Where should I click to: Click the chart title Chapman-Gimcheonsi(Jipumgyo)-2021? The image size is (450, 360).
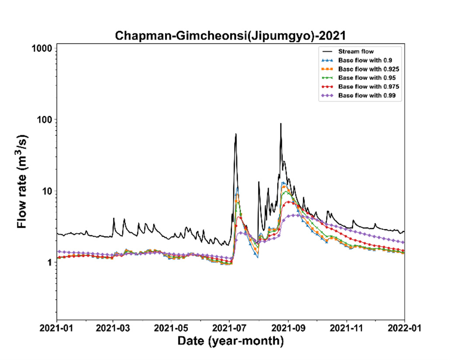coord(230,35)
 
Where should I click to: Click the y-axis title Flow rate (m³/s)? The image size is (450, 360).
coord(22,181)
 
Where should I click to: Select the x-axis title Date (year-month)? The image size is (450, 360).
coord(230,341)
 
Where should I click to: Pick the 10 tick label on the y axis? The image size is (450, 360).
coord(47,191)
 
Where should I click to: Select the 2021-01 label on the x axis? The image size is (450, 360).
coord(56,328)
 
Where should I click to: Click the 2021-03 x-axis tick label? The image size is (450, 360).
coord(113,328)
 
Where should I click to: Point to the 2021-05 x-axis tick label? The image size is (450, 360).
coord(171,328)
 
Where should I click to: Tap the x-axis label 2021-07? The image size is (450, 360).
coord(229,328)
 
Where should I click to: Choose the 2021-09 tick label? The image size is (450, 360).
coord(289,328)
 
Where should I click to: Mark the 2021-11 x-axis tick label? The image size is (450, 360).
coord(347,328)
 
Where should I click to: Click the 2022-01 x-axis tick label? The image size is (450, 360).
coord(405,328)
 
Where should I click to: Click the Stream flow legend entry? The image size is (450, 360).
coord(348,52)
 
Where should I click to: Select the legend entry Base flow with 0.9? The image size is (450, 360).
coord(357,60)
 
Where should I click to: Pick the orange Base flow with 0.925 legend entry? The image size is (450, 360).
coord(360,69)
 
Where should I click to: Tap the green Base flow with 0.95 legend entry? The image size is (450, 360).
coord(359,78)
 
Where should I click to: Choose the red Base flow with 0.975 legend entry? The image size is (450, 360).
coord(360,87)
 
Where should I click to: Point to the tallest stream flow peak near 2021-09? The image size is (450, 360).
coord(281,124)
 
